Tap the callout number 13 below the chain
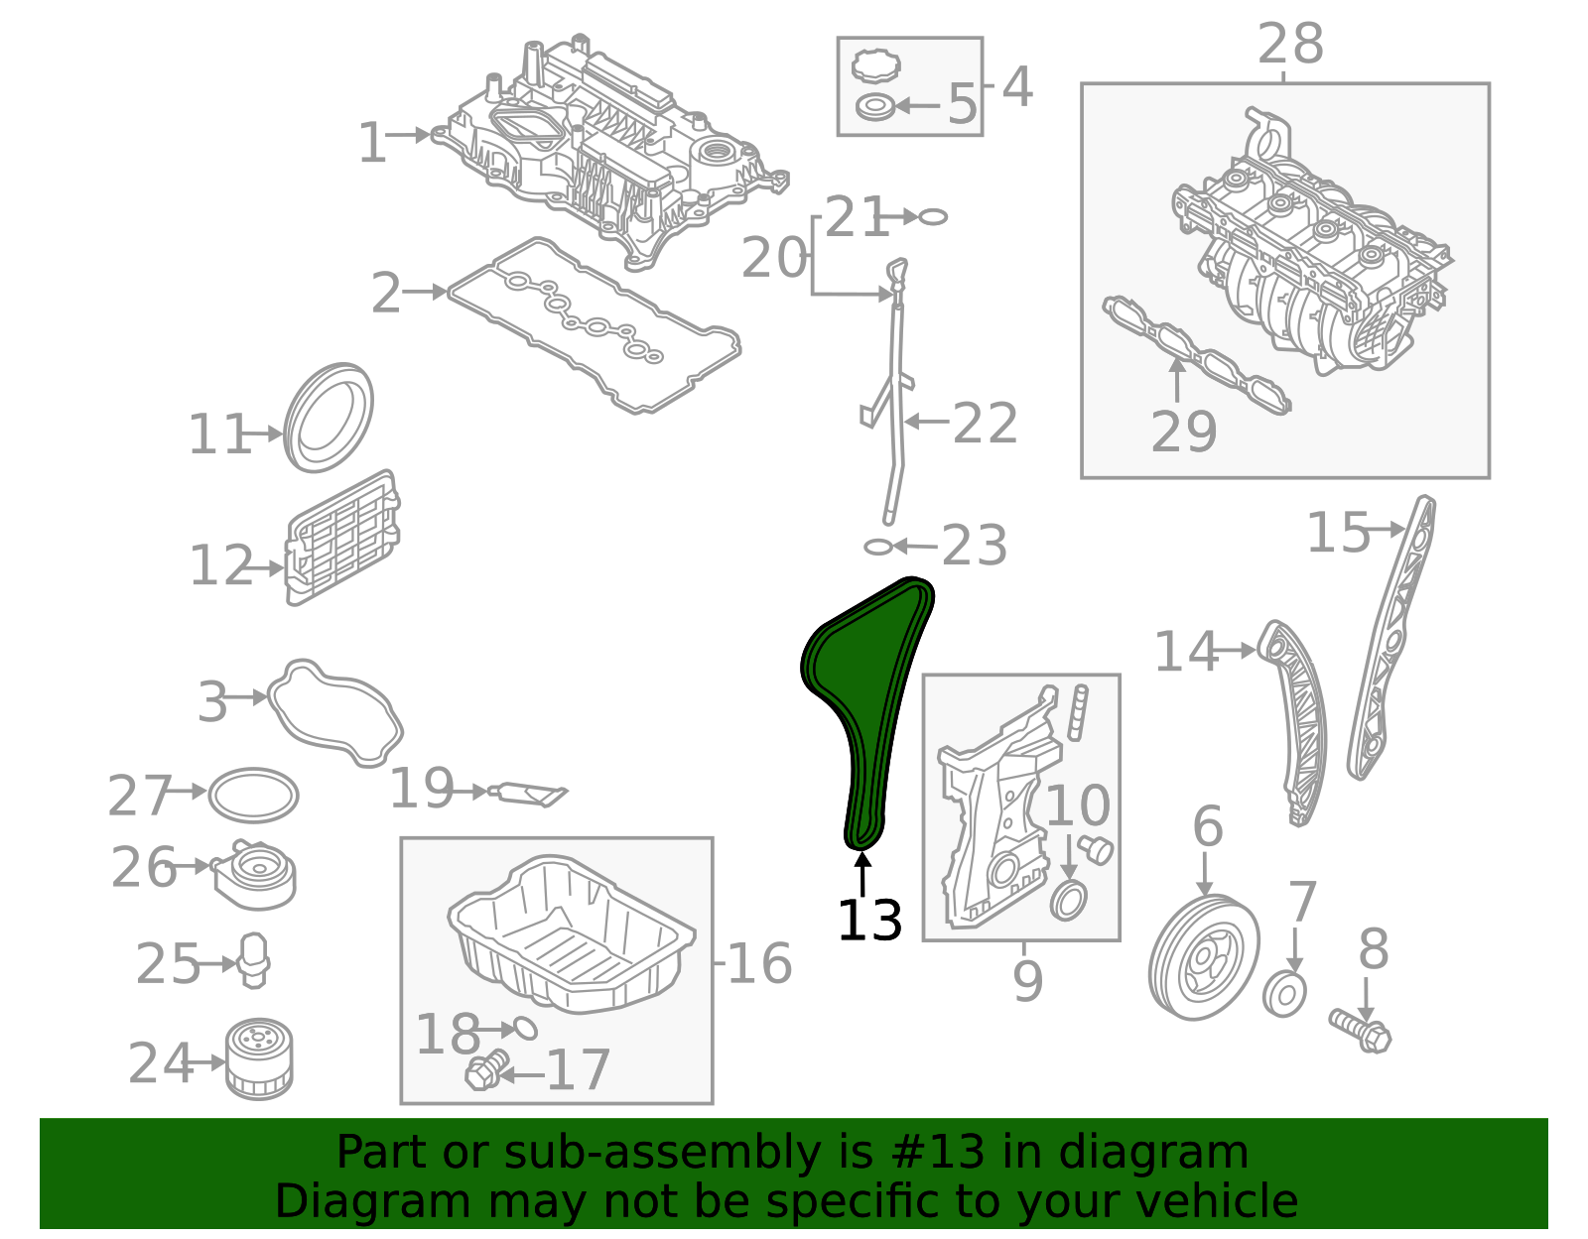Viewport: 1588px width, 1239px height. [869, 921]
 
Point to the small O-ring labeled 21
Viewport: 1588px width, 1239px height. [933, 216]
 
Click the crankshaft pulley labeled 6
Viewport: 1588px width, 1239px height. [1203, 957]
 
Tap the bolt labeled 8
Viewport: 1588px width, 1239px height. [1361, 1030]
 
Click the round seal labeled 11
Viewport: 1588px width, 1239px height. [329, 418]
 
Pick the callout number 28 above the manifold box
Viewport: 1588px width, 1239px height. [1290, 45]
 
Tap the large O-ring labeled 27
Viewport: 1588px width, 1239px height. [254, 795]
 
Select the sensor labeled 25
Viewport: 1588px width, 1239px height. [254, 959]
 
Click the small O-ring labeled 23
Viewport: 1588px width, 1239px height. [877, 547]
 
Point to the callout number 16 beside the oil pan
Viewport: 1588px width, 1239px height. [759, 963]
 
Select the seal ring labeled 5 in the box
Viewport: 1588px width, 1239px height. [874, 105]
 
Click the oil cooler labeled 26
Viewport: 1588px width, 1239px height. [255, 874]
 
